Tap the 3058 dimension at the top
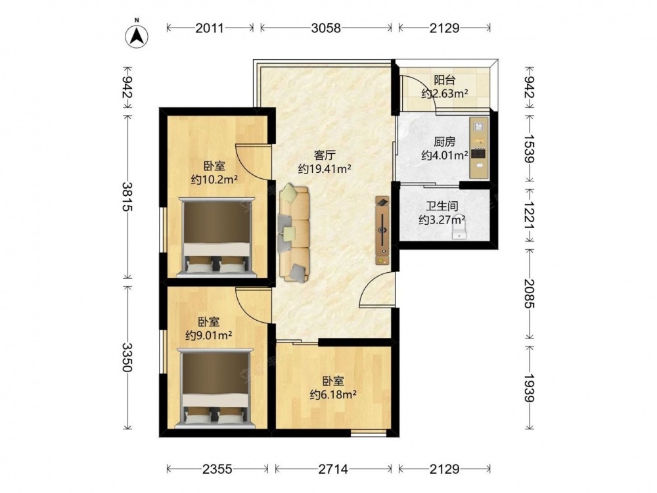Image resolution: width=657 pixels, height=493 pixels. [x=326, y=28]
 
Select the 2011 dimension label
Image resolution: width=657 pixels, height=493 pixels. [x=210, y=28]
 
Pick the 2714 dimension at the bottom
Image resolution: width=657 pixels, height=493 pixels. [x=333, y=469]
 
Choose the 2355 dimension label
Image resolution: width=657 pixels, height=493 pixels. [x=217, y=469]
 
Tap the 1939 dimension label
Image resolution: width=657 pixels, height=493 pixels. [x=530, y=388]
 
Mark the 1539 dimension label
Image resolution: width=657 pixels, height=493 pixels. [x=530, y=149]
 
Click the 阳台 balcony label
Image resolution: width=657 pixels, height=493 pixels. [x=445, y=80]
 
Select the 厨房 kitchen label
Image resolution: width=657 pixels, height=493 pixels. [x=445, y=142]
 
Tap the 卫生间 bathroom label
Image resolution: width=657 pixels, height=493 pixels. [x=442, y=206]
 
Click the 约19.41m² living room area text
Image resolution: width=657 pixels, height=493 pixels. [x=325, y=168]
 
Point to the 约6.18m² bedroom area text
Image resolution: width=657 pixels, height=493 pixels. [x=333, y=394]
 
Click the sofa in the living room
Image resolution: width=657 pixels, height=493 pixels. [x=293, y=233]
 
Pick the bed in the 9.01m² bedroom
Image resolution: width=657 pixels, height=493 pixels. [x=215, y=388]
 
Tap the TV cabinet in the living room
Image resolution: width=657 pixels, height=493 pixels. [x=382, y=230]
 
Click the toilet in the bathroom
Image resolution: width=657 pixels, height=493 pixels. [x=460, y=230]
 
